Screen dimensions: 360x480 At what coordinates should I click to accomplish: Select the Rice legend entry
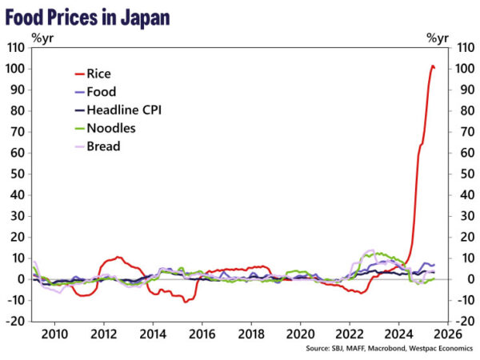click(99, 74)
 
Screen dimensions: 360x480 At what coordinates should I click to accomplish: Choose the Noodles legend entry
click(110, 128)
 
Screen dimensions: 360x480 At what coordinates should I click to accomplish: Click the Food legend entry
click(101, 92)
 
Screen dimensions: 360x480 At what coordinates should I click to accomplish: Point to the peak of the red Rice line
click(433, 66)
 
